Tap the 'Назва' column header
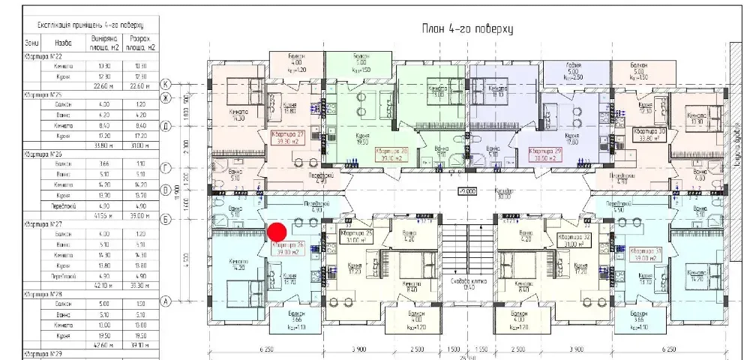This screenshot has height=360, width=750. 64,43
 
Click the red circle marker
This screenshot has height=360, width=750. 277,231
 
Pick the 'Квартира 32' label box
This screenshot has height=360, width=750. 574,240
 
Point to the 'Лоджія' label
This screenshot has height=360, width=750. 574,67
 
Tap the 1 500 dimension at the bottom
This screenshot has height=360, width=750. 453,350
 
